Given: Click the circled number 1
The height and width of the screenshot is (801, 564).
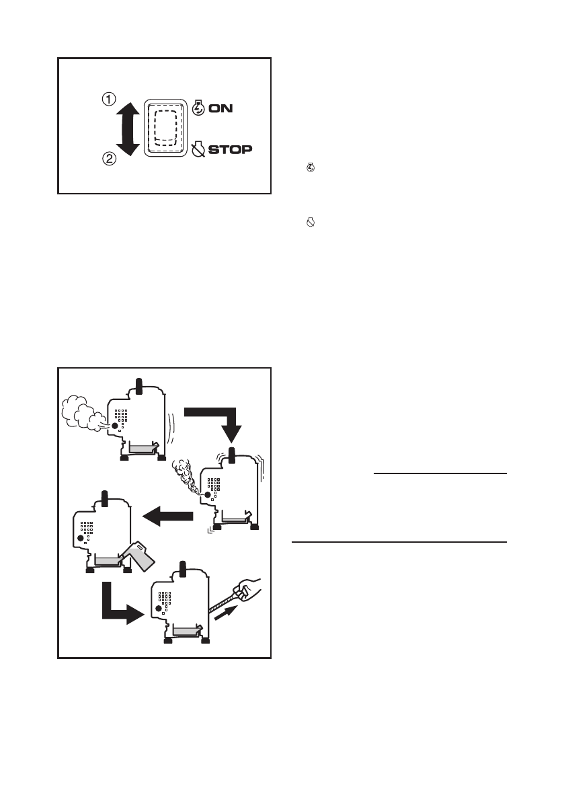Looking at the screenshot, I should pyautogui.click(x=107, y=99).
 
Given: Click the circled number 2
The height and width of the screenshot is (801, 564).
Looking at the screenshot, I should pyautogui.click(x=107, y=159).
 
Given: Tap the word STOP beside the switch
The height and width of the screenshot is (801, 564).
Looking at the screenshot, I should pyautogui.click(x=231, y=149).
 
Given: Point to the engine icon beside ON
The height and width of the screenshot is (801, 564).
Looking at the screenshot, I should pyautogui.click(x=198, y=108).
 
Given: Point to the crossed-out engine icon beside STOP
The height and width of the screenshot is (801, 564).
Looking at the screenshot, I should pyautogui.click(x=198, y=148).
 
